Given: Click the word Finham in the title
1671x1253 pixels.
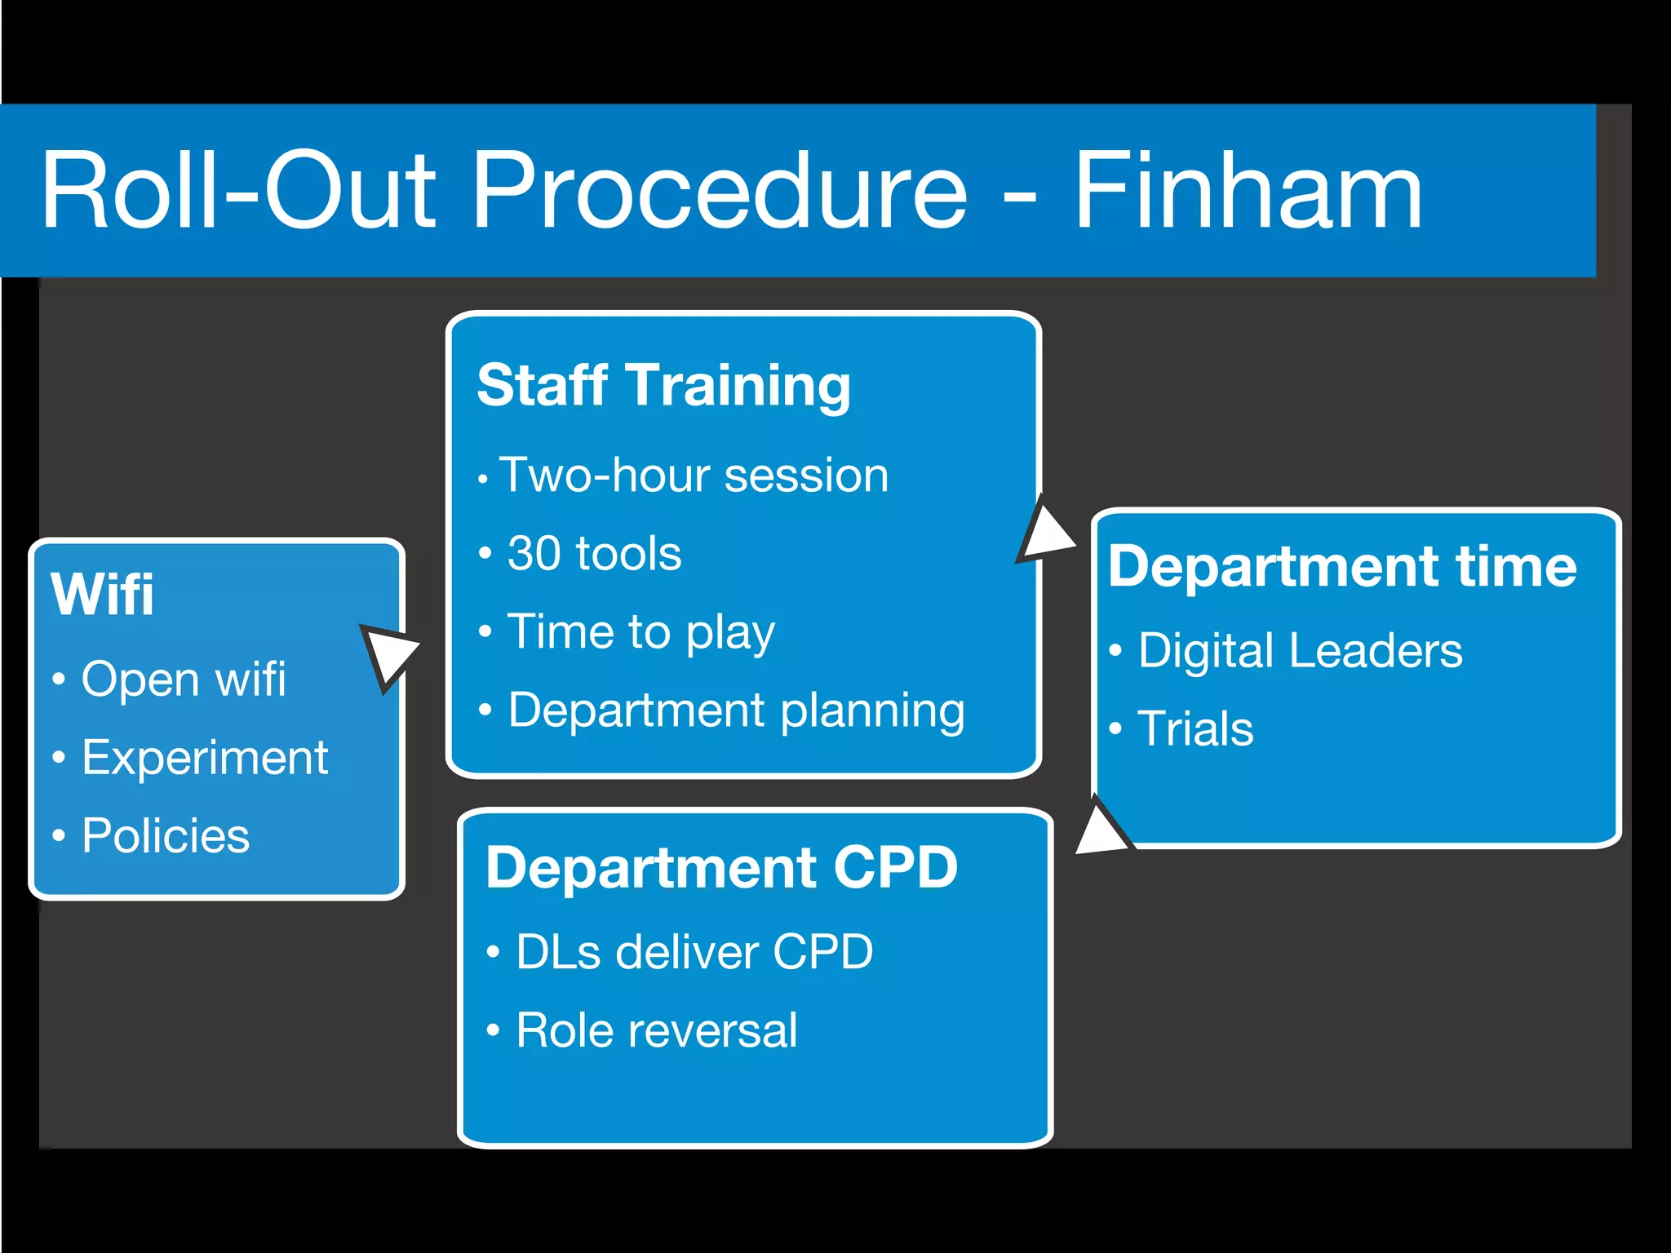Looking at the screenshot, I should (1248, 193).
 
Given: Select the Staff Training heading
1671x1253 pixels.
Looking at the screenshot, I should (663, 385).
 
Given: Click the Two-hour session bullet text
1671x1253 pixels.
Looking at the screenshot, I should (694, 476).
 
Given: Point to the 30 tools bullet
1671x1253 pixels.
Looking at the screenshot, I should (594, 554).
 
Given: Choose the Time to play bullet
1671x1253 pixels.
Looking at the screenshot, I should (640, 632).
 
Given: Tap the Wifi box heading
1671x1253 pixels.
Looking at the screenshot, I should (102, 594).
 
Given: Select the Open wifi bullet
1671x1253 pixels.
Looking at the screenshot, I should (184, 680).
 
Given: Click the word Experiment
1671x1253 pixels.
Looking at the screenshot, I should (205, 758).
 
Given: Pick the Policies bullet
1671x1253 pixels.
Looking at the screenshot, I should (166, 836).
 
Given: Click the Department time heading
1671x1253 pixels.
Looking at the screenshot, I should (1342, 567).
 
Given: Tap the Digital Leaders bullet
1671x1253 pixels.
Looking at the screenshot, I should (1300, 651).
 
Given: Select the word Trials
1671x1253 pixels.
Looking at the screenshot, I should (1195, 728).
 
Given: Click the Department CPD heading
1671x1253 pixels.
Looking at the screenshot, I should (721, 867).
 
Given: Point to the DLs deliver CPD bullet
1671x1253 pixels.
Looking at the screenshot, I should (694, 952).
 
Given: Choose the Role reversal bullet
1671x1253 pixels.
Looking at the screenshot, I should (657, 1030).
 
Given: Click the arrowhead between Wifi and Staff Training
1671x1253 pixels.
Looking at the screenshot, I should (387, 653).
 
